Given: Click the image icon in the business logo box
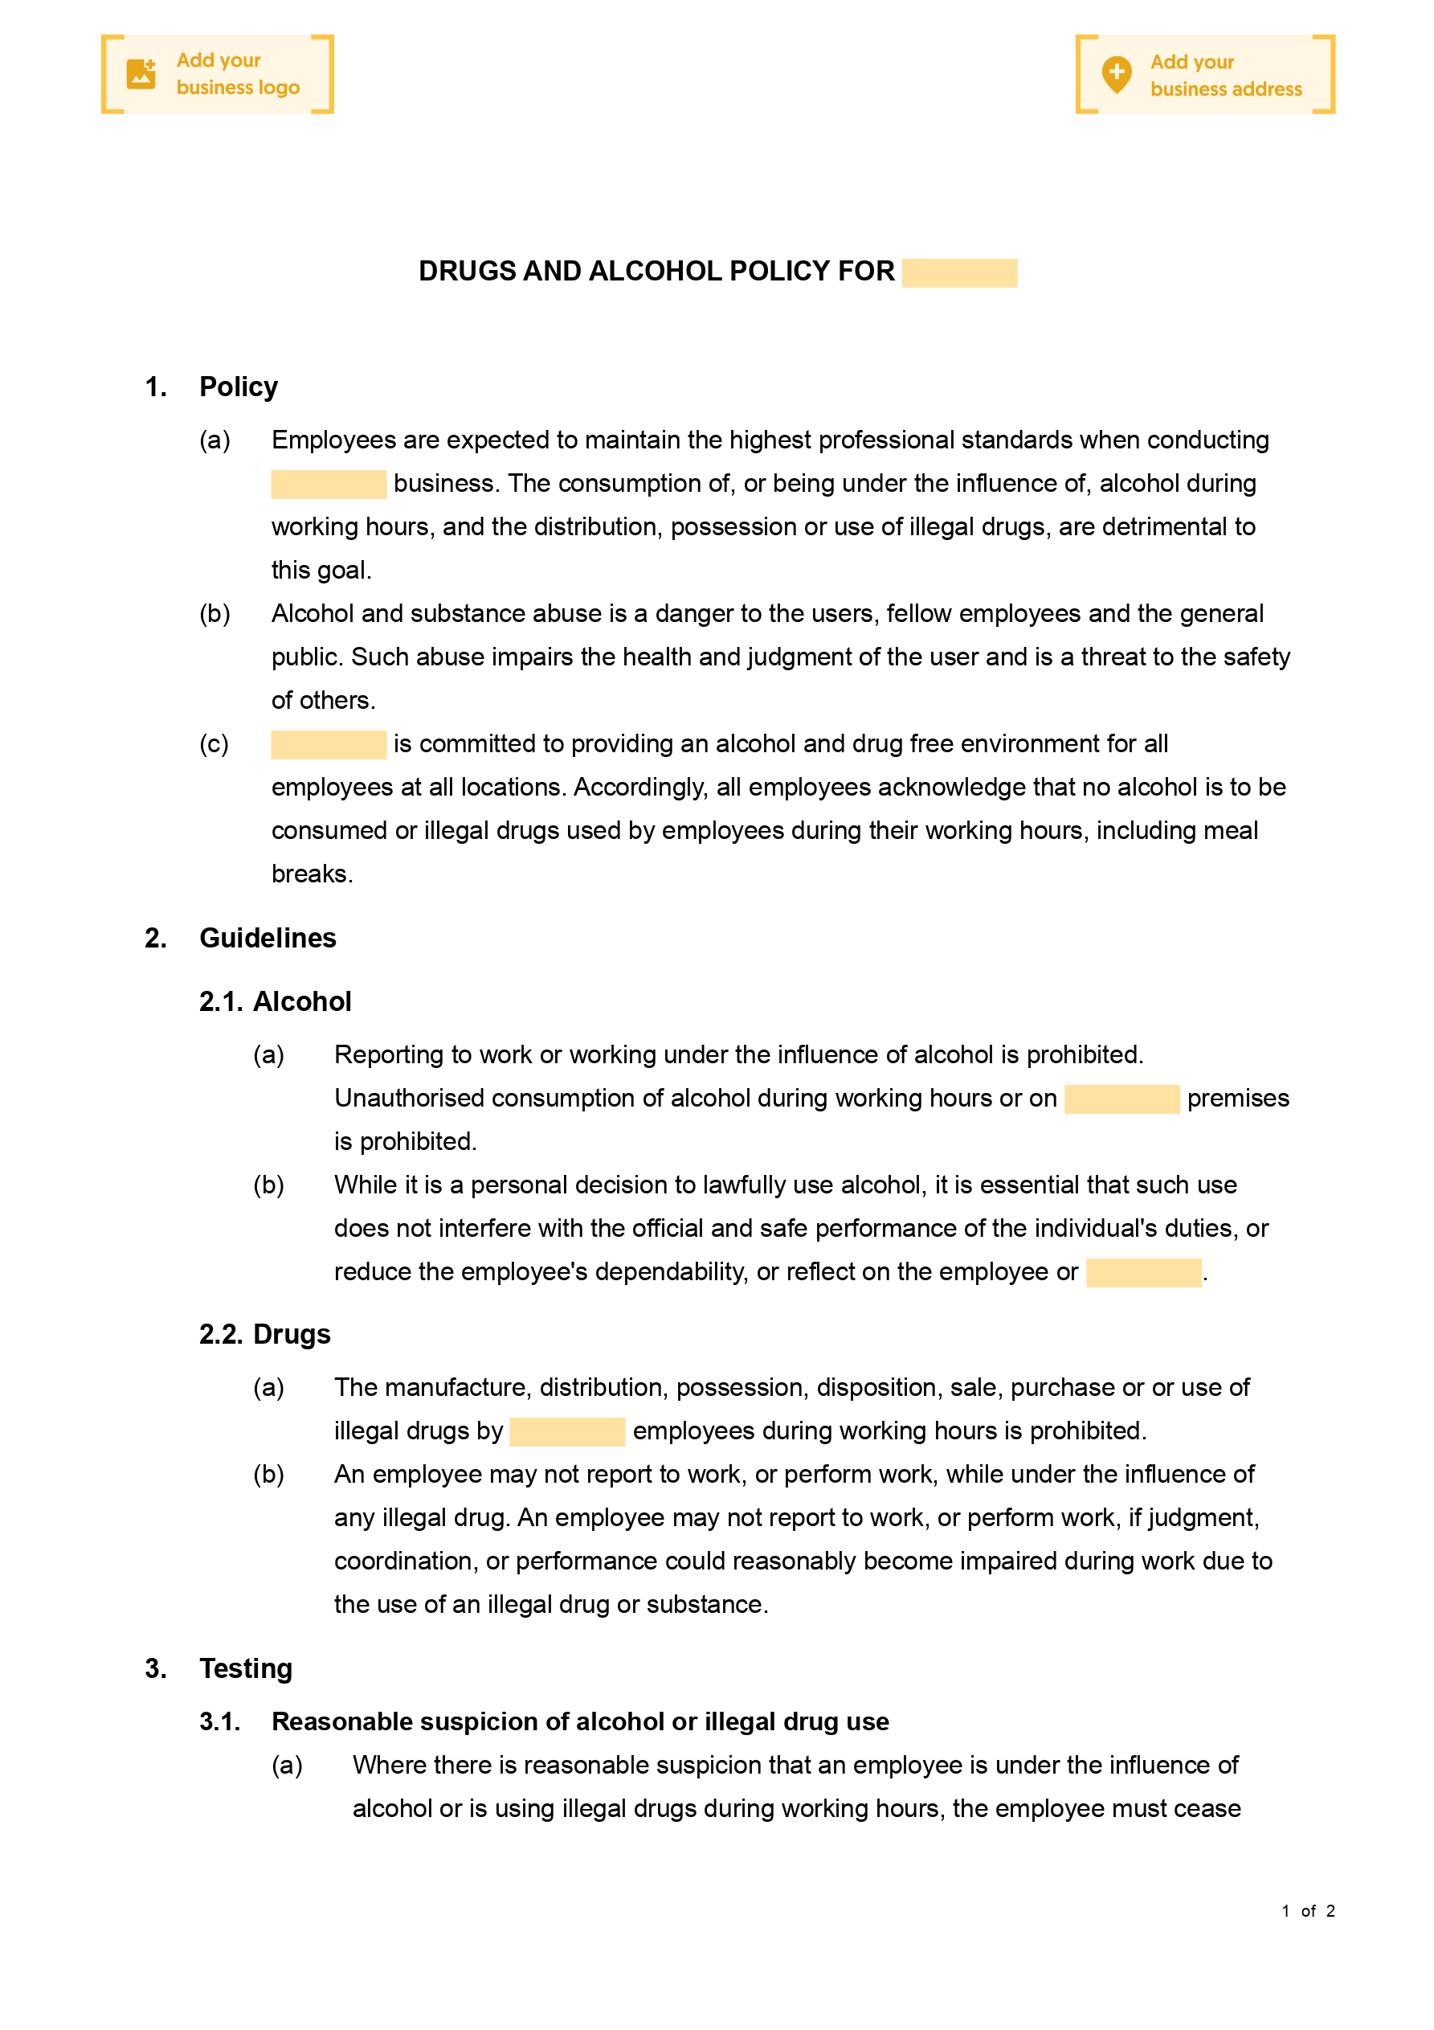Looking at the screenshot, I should (x=141, y=74).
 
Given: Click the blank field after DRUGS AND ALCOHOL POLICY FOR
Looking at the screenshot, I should (x=959, y=272).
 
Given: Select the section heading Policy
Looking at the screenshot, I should (x=238, y=387).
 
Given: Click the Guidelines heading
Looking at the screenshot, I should (x=268, y=938).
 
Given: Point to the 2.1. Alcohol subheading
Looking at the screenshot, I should (x=275, y=1001).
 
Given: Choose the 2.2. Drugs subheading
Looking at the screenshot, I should (x=264, y=1334).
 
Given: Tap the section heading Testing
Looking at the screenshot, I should (x=246, y=1668).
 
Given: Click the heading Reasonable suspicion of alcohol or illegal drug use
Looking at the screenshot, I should (x=580, y=1721).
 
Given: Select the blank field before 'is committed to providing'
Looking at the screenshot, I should (x=328, y=744).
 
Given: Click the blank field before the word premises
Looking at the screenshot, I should (x=1122, y=1099).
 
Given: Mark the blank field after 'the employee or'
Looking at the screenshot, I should (x=1143, y=1272).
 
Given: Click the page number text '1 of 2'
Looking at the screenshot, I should (x=1308, y=1910).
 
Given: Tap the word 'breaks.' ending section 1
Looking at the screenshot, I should (x=312, y=874).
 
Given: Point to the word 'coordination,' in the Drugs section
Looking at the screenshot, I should (x=406, y=1561).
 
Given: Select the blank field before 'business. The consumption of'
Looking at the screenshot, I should (x=328, y=484).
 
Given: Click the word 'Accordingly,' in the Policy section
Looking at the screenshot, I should (x=641, y=788).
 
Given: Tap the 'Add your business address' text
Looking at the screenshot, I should (x=1225, y=76).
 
